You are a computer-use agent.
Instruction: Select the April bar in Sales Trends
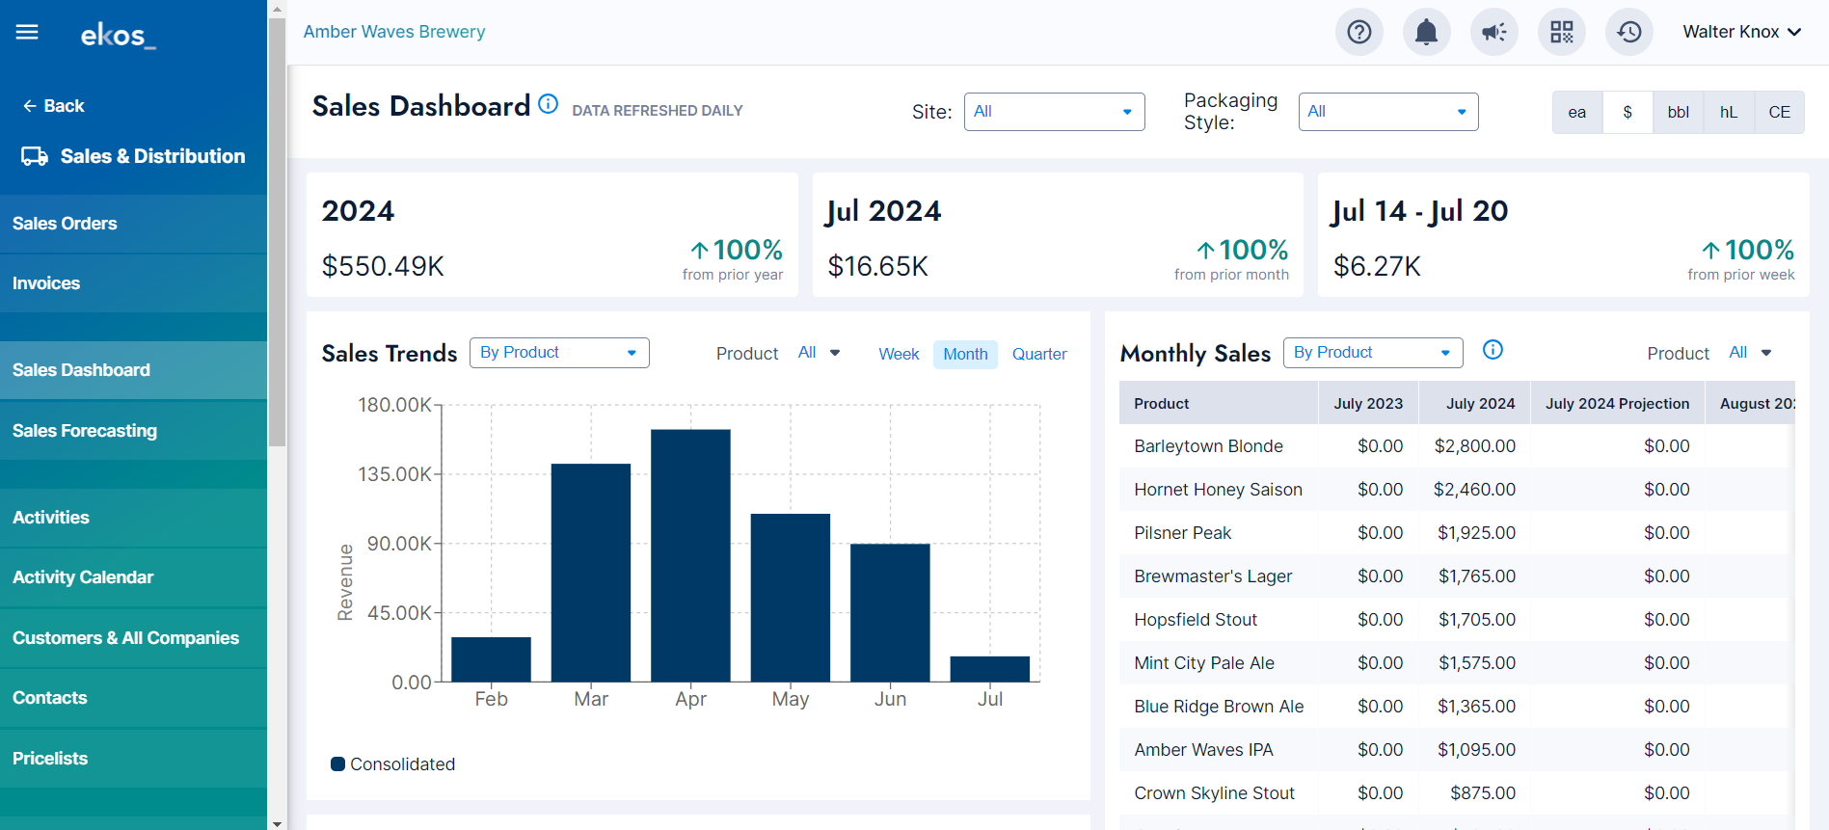(690, 555)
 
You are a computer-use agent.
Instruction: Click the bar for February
(491, 659)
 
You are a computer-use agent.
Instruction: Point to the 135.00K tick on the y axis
(395, 474)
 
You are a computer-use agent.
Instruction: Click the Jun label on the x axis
(890, 699)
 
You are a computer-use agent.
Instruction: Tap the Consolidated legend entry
(393, 764)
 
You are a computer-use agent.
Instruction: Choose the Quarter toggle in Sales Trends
(1039, 354)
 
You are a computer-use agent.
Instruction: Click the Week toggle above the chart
(899, 354)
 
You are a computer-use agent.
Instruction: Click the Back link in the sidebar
(54, 106)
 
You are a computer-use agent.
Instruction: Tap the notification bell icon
(1426, 32)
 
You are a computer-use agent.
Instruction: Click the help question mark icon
(1359, 32)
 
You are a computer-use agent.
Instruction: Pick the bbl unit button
(1678, 112)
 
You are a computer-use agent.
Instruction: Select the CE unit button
(1779, 112)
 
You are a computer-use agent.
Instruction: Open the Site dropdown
(1054, 112)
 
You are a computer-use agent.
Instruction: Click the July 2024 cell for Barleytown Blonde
(1474, 446)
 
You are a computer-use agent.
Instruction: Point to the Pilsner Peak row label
(1182, 533)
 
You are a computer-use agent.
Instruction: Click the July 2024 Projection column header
(1617, 404)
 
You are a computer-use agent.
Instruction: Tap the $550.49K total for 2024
(383, 266)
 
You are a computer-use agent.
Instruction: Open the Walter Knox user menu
(1741, 32)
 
